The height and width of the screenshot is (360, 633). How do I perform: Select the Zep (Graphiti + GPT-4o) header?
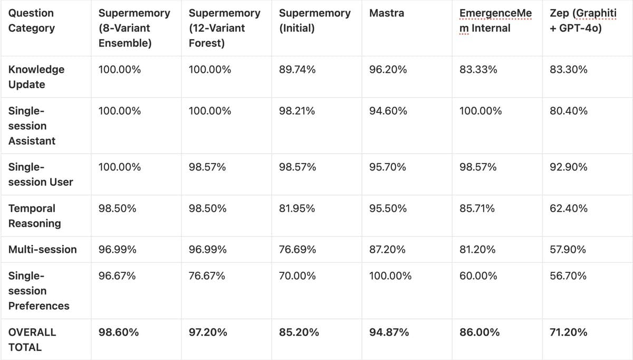(582, 21)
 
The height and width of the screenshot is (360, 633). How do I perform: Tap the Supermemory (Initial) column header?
(314, 21)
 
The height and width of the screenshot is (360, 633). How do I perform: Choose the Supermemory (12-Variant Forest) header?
(224, 28)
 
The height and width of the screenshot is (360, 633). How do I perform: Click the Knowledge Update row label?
(36, 77)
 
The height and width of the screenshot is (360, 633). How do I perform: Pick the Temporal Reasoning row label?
(35, 216)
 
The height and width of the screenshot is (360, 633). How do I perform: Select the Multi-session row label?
(43, 249)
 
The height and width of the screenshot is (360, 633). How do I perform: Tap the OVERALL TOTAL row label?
(32, 339)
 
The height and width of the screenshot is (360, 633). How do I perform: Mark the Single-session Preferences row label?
(39, 291)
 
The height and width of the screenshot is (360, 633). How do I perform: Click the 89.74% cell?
(298, 70)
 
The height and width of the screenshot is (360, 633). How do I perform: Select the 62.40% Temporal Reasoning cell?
(569, 209)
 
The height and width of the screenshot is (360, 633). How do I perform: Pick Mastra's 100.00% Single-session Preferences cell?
(390, 276)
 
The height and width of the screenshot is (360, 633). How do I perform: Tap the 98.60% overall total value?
(119, 332)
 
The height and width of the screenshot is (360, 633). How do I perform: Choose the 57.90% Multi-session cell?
(568, 249)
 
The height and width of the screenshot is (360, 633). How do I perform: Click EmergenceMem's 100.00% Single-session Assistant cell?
(481, 111)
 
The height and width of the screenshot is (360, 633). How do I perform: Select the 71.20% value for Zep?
(568, 332)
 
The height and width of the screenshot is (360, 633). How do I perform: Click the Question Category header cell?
(31, 21)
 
